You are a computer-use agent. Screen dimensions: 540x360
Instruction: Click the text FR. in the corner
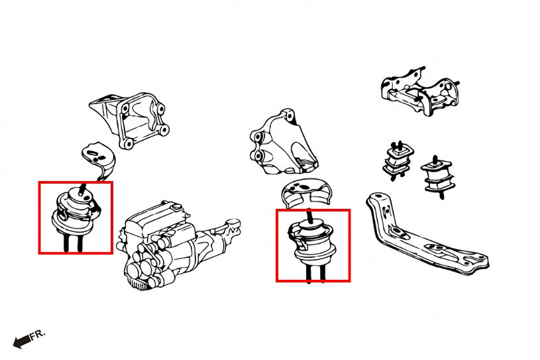coord(38,335)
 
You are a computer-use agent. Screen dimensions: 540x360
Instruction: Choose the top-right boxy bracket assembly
coord(420,91)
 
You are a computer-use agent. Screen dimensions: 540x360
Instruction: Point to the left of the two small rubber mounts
coord(398,160)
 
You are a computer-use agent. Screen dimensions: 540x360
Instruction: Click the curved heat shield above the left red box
coord(99,160)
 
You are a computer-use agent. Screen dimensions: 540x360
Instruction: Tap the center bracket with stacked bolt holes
coord(282,143)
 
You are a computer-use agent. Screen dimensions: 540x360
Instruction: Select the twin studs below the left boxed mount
coord(72,241)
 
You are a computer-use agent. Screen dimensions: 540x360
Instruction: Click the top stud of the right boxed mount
coord(310,216)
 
